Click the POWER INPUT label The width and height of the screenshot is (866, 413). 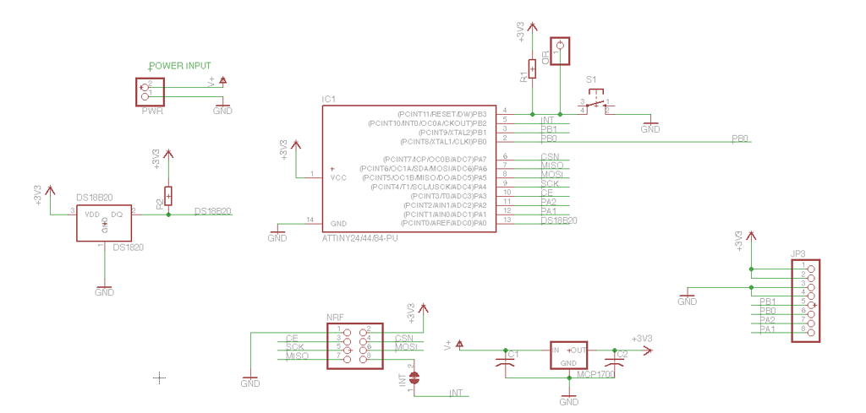179,66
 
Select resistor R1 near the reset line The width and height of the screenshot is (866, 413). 532,69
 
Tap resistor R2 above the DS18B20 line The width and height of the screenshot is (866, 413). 168,196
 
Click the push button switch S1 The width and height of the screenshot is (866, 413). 597,104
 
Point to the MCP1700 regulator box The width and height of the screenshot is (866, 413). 569,356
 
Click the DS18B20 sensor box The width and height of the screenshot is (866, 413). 104,222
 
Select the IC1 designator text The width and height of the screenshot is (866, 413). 329,100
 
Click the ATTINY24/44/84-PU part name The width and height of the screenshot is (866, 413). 359,238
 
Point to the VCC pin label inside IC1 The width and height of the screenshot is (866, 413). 338,177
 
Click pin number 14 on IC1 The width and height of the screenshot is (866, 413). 310,220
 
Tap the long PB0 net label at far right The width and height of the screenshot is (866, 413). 740,138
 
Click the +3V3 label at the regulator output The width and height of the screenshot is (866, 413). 643,339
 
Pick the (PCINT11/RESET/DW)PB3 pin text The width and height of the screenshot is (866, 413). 441,113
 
